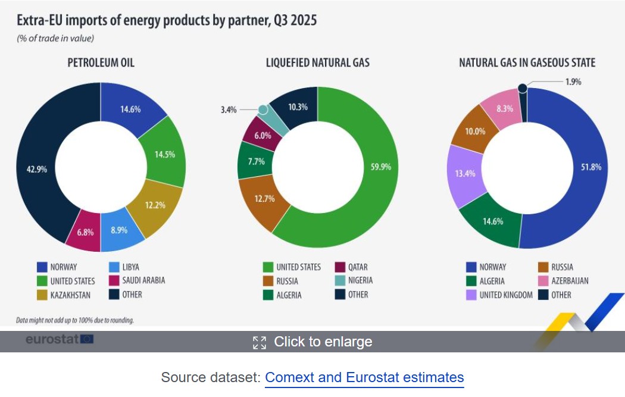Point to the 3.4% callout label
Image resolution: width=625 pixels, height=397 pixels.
[229, 110]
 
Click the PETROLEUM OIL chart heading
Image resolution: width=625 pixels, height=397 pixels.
[101, 62]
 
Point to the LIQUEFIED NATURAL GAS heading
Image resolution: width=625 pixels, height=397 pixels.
[318, 62]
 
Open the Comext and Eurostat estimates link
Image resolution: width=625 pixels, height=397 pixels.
[364, 377]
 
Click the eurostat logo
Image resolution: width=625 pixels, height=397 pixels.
[59, 339]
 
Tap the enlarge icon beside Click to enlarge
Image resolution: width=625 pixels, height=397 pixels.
[260, 342]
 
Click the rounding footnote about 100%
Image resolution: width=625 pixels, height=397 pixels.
[75, 320]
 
